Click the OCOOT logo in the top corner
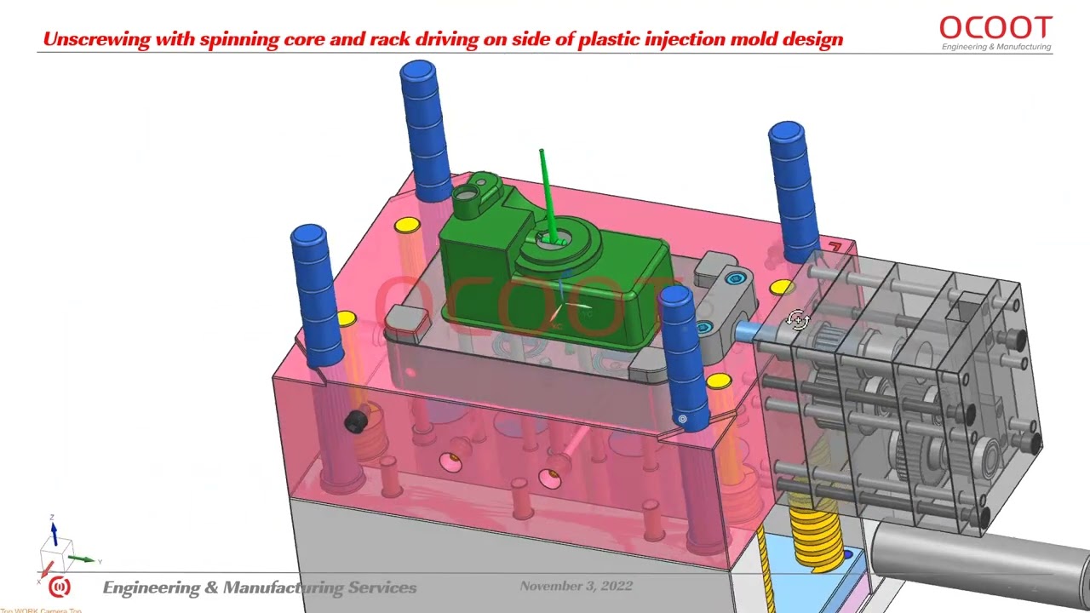pos(995,26)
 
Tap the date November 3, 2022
pos(576,586)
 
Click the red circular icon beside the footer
pos(59,587)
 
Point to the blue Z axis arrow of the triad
pos(54,533)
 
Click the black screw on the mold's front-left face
pos(356,421)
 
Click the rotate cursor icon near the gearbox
pos(798,320)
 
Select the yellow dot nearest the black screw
pos(346,319)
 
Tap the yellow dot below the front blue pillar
pos(719,381)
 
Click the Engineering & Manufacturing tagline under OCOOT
pos(995,47)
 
